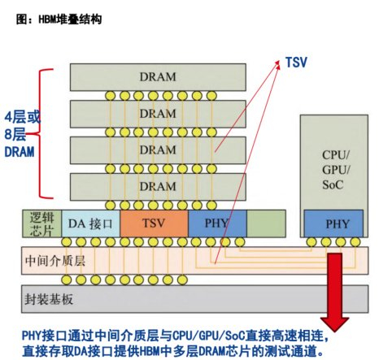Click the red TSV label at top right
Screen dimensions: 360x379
(x=295, y=61)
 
